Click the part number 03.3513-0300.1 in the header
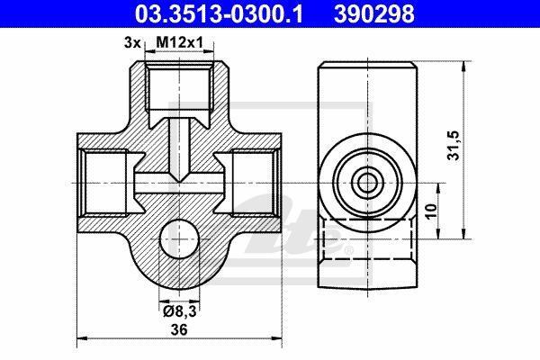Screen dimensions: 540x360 (219, 14)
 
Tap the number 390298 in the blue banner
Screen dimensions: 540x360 (374, 14)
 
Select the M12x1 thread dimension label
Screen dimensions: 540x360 (180, 42)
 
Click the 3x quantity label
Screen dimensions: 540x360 (132, 43)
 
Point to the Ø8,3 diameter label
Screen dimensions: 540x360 (179, 311)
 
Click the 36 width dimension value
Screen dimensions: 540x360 (179, 329)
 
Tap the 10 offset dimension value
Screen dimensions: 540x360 (430, 211)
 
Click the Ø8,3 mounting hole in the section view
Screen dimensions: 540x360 (179, 238)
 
